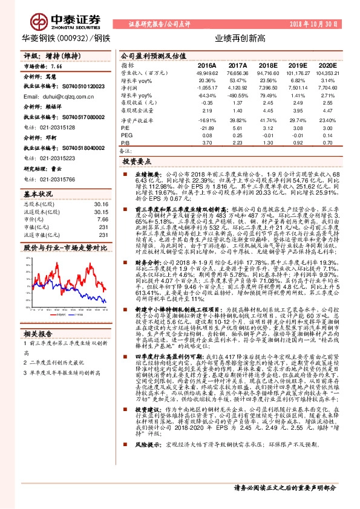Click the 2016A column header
tap(206, 65)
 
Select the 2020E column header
tap(327, 65)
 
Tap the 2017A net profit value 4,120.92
tap(237, 88)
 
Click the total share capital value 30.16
tap(101, 205)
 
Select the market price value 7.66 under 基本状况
tap(102, 219)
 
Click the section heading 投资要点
tap(136, 162)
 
